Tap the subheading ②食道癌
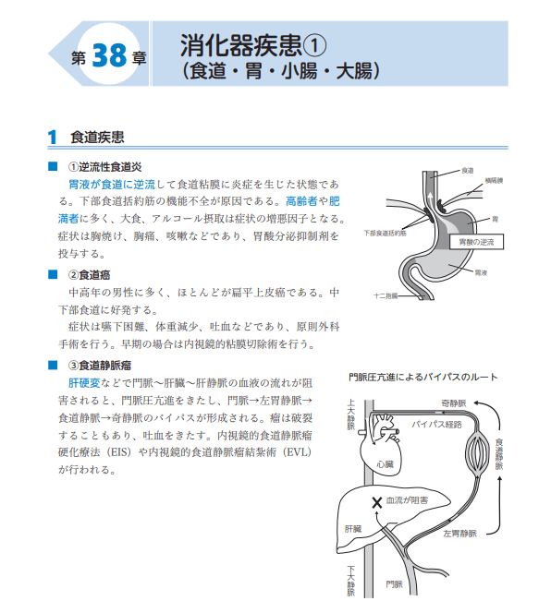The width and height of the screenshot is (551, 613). click(x=91, y=274)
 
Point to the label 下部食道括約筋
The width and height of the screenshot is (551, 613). click(x=386, y=234)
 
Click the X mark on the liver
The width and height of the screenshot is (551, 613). click(x=376, y=502)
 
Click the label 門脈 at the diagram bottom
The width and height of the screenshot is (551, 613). click(x=396, y=583)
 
